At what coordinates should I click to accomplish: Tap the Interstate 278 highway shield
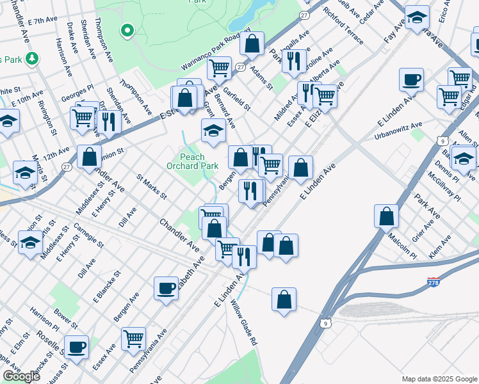pos(434,282)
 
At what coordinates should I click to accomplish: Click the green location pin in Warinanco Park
pos(127,29)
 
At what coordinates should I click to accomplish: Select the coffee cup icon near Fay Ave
pos(411,80)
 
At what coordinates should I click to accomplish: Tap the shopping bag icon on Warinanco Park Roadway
pos(253,44)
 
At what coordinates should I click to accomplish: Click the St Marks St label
pos(152,186)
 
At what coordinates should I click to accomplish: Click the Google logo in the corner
pos(21,376)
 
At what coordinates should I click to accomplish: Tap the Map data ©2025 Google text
pos(439,379)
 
